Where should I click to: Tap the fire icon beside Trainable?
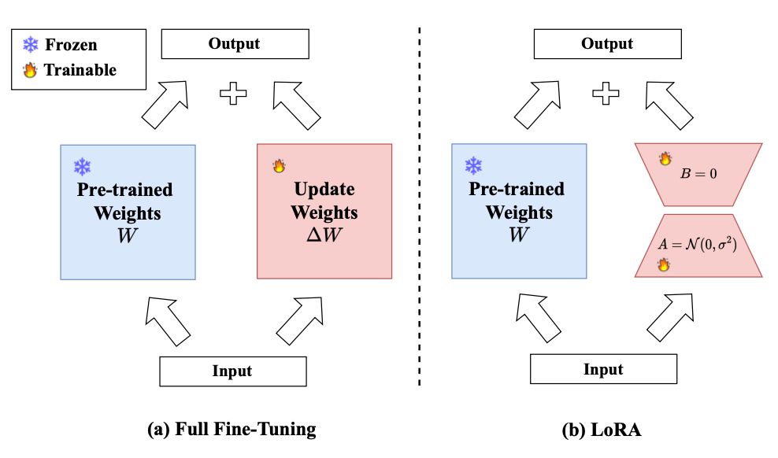pos(30,70)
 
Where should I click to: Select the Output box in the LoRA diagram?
pos(606,44)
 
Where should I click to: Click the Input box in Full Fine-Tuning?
pos(232,371)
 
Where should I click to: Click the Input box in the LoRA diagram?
pos(603,369)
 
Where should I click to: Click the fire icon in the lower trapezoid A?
pos(664,265)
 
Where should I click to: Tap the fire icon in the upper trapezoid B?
pos(665,159)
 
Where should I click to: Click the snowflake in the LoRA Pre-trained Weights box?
pos(473,166)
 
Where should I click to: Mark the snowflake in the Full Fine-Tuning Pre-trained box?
pos(83,167)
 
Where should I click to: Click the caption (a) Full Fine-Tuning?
pos(232,430)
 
